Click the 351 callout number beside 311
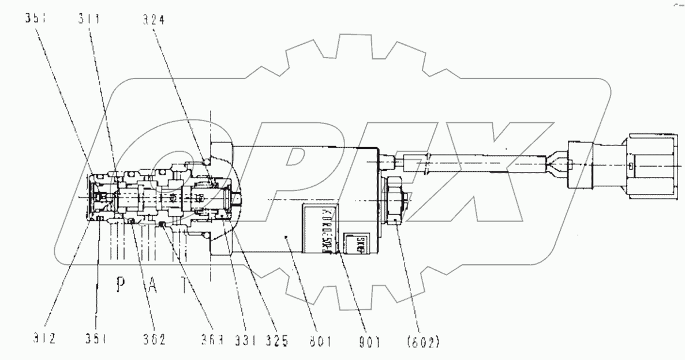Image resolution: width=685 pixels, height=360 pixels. [x=35, y=20]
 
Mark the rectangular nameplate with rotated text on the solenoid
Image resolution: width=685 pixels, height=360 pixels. [x=320, y=227]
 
